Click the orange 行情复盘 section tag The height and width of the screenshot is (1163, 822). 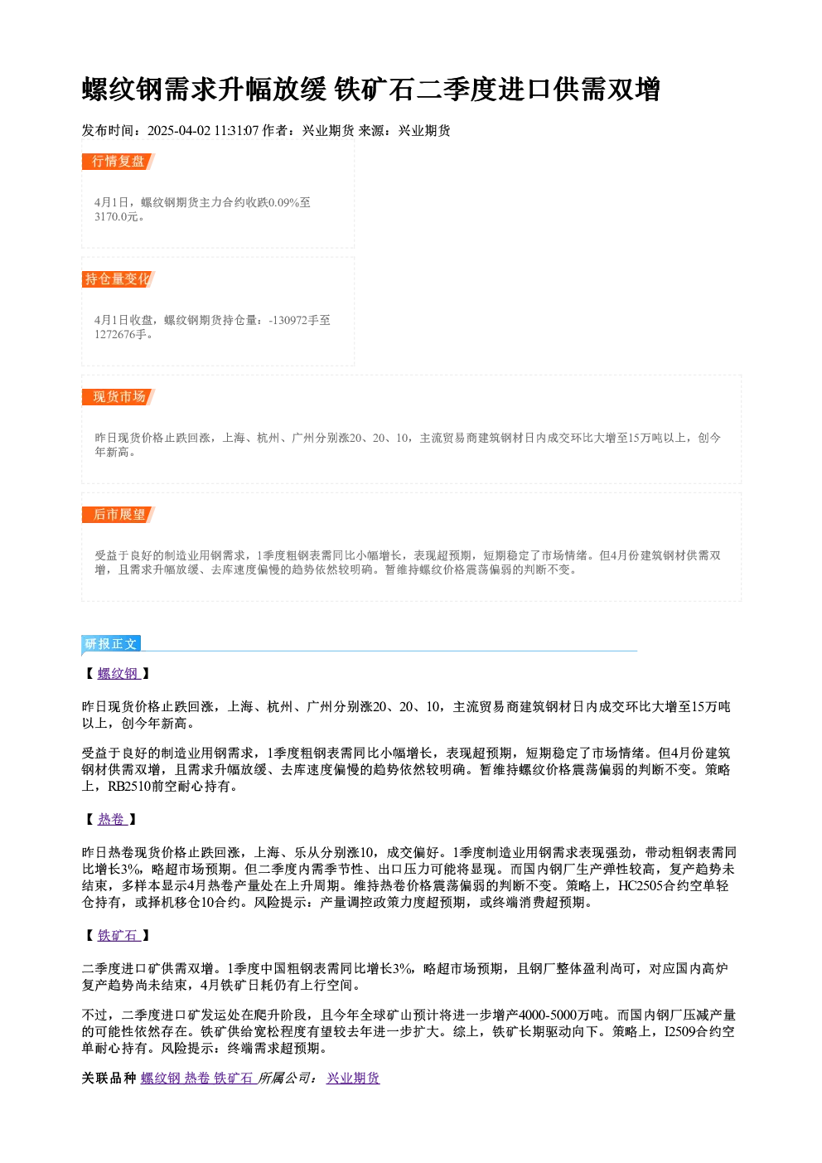[118, 162]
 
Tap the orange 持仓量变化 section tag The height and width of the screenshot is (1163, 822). [118, 279]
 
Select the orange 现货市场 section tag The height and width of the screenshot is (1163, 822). [118, 397]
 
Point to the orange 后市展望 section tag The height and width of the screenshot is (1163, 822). [118, 515]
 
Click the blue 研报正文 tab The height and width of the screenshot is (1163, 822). [111, 644]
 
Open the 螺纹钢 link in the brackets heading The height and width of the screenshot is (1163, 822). [118, 674]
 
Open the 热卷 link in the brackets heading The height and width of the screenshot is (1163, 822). [112, 820]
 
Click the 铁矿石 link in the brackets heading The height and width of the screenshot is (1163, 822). [118, 936]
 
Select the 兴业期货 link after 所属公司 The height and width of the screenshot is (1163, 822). [353, 1078]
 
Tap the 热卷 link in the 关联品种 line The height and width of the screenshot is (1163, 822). [197, 1078]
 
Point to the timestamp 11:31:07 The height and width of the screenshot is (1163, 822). [237, 131]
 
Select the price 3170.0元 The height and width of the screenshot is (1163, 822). [117, 217]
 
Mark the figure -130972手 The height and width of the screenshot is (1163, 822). [293, 320]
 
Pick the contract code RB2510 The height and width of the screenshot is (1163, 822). [129, 787]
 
